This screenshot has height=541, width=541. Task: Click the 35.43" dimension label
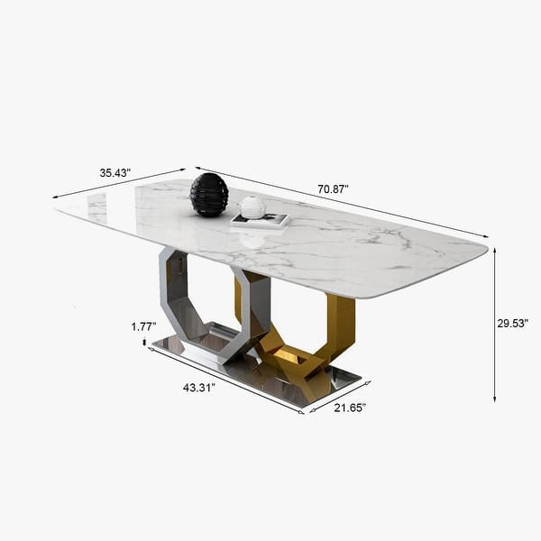[x=115, y=172]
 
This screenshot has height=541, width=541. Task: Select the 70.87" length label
[x=333, y=189]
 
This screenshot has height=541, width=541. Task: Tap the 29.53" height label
[x=512, y=322]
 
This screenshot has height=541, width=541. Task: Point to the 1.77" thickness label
[x=143, y=326]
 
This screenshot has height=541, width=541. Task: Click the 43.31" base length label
[x=200, y=388]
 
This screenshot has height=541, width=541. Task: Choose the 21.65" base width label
[x=349, y=408]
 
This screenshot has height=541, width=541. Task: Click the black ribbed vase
[x=209, y=195]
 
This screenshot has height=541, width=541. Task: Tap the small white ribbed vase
[x=253, y=206]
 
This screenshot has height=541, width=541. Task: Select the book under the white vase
[x=261, y=220]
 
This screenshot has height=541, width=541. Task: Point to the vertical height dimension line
[x=494, y=325]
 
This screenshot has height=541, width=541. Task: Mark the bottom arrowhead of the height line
[x=494, y=398]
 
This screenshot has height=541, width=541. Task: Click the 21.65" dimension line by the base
[x=340, y=396]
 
